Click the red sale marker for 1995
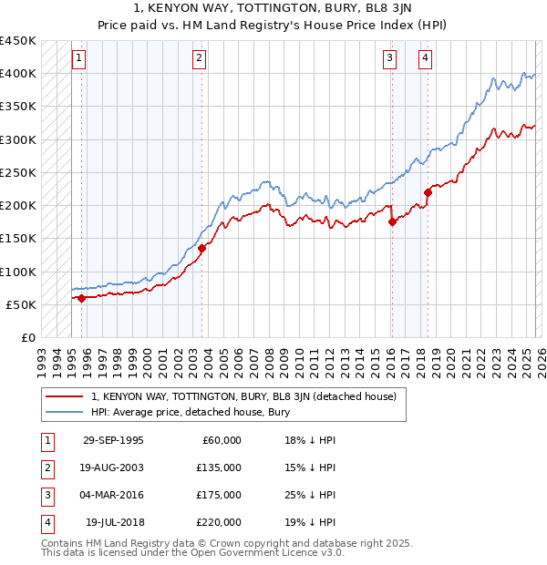(x=81, y=298)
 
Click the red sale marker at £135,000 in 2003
(x=201, y=248)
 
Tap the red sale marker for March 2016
(x=392, y=221)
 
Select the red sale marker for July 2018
(x=428, y=192)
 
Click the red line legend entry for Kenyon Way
(x=243, y=396)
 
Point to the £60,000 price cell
(x=220, y=440)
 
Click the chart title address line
(x=273, y=9)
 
